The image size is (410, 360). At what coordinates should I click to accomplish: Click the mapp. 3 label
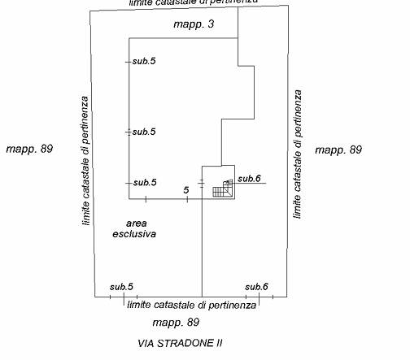click(194, 24)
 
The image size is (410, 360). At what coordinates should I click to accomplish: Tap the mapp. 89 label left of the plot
click(29, 149)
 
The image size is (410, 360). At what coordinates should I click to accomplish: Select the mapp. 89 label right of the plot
click(338, 150)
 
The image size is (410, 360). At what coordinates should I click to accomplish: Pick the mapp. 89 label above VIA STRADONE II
click(176, 323)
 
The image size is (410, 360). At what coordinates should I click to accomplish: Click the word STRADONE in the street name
click(185, 344)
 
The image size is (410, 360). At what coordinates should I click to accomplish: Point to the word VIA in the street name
click(146, 344)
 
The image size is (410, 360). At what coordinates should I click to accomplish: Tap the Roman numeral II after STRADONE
click(219, 344)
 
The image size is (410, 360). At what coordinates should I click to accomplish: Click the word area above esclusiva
click(137, 223)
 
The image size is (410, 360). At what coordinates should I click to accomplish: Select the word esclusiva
click(134, 234)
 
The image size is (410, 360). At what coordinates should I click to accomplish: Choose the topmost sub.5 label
click(144, 61)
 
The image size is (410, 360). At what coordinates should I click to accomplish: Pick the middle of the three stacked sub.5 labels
click(144, 132)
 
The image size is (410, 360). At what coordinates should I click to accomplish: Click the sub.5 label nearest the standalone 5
click(145, 183)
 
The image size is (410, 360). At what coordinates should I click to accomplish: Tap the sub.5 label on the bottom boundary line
click(121, 287)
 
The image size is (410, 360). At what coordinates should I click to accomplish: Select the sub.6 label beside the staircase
click(249, 179)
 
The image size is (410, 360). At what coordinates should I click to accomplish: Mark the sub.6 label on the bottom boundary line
click(256, 287)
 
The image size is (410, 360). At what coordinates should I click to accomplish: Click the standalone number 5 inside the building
click(185, 190)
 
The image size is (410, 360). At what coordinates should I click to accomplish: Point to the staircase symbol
click(223, 188)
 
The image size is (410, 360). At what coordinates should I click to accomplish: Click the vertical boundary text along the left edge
click(85, 161)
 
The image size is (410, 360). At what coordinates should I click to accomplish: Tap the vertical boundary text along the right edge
click(298, 154)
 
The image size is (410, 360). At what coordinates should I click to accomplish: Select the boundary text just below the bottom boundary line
click(191, 306)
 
